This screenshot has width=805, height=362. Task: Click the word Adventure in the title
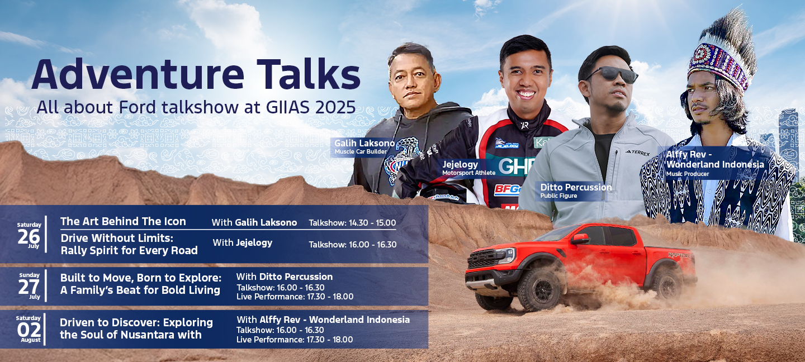pyautogui.click(x=138, y=74)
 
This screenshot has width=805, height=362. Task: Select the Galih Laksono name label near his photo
pyautogui.click(x=364, y=143)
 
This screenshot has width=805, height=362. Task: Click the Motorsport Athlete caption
pyautogui.click(x=468, y=173)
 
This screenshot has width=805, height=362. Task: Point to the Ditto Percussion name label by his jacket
pyautogui.click(x=576, y=187)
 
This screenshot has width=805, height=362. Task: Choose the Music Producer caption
pyautogui.click(x=688, y=174)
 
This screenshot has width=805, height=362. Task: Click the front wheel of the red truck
pyautogui.click(x=539, y=290)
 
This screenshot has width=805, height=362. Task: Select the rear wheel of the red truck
pyautogui.click(x=667, y=283)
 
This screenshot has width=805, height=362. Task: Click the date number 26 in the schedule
pyautogui.click(x=29, y=237)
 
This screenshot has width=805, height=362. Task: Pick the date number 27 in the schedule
pyautogui.click(x=29, y=287)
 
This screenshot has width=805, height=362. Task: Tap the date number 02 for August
pyautogui.click(x=29, y=330)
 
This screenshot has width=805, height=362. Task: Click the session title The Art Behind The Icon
pyautogui.click(x=123, y=221)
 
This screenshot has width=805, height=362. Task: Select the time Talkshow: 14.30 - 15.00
pyautogui.click(x=352, y=223)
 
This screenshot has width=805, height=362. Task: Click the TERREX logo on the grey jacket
pyautogui.click(x=637, y=153)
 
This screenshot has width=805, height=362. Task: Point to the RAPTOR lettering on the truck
pyautogui.click(x=679, y=255)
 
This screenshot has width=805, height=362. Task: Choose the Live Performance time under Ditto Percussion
pyautogui.click(x=295, y=297)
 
